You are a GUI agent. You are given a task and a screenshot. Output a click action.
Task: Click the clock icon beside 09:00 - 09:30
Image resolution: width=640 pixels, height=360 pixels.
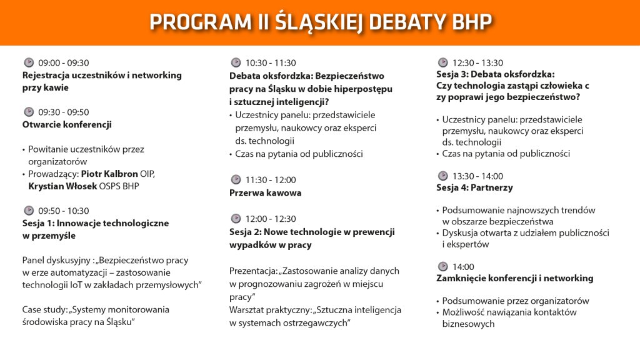[29, 62]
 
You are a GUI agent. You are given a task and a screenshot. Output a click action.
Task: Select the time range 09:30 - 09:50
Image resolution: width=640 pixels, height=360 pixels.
[64, 112]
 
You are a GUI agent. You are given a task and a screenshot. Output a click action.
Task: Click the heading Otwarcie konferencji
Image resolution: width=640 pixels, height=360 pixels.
[67, 124]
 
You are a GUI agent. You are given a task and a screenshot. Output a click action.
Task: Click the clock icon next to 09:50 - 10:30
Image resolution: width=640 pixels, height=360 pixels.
[29, 211]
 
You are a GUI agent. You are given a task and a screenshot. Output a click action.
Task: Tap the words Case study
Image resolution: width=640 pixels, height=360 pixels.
[44, 309]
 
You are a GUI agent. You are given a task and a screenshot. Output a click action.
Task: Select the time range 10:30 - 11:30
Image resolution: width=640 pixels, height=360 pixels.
[271, 63]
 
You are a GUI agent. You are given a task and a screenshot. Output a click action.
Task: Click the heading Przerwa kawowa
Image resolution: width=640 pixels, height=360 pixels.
[266, 193]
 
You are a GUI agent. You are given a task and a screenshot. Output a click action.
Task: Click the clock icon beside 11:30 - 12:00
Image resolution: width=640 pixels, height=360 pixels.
[236, 180]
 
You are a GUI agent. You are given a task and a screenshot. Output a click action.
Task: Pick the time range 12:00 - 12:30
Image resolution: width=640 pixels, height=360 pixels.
[271, 219]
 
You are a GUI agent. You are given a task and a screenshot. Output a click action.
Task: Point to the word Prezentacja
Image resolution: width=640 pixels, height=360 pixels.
[254, 271]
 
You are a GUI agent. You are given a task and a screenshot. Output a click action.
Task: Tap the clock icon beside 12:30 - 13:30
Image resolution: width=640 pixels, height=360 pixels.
[442, 62]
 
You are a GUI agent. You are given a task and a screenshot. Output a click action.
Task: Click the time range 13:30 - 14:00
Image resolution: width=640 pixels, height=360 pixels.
[477, 176]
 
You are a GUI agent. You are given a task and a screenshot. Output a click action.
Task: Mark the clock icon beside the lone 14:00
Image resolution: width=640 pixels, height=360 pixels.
[442, 266]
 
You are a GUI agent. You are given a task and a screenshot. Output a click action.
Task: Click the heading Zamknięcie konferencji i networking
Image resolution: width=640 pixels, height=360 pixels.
[514, 278]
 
